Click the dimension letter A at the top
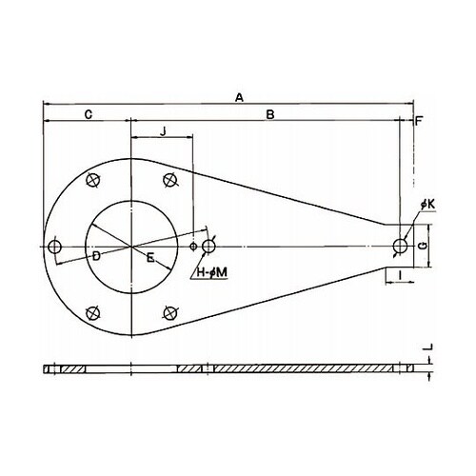coord(239,97)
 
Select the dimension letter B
coord(270,114)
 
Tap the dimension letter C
coord(89,114)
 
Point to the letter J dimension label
coord(163,131)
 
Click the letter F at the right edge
coord(420,121)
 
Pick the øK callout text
coord(428,205)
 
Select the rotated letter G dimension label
coord(423,246)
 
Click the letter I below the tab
coord(400,275)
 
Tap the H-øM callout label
coord(212,272)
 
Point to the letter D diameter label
coord(96,256)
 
